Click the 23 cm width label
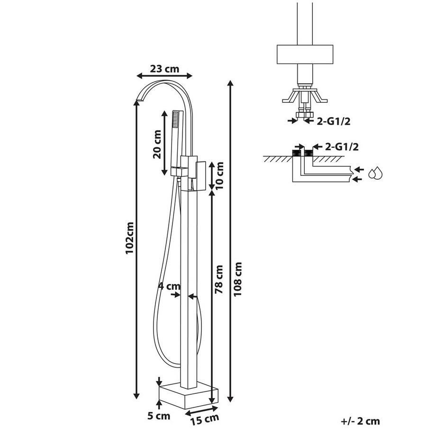(164, 68)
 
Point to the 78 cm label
(219, 280)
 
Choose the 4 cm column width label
(169, 286)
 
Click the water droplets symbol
(377, 173)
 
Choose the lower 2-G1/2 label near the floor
(336, 146)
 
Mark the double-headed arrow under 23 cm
(164, 75)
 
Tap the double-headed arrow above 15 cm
(202, 410)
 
